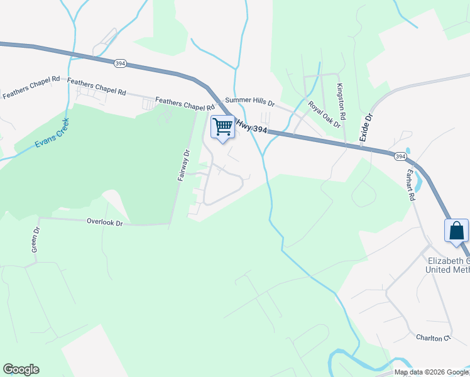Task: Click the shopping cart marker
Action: [222, 128]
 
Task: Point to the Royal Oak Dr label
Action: [324, 114]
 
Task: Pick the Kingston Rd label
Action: [341, 102]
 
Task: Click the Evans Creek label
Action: [52, 133]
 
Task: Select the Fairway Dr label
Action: [183, 165]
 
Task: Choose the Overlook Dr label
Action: [104, 222]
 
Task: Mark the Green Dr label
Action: [36, 240]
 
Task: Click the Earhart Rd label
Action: [412, 185]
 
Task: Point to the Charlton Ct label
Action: [434, 337]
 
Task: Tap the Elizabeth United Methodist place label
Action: [447, 265]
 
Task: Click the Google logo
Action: [21, 369]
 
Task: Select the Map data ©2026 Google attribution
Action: [432, 372]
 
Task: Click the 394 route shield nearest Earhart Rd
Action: [400, 155]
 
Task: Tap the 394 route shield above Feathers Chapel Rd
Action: [120, 63]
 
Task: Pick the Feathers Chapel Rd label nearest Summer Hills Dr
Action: [185, 102]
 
